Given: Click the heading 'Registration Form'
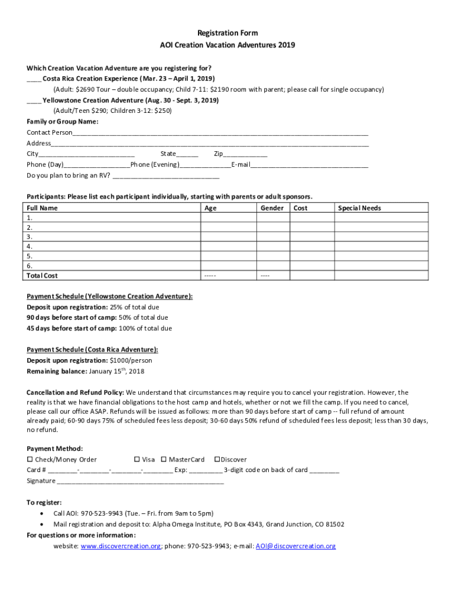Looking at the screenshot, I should (227, 33).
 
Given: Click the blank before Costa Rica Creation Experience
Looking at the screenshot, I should (34, 79).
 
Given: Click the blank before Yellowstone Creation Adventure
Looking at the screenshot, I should (34, 101).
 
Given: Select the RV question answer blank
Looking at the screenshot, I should (165, 176).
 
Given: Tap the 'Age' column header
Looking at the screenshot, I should (210, 208).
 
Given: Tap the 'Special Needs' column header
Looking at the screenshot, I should (359, 208).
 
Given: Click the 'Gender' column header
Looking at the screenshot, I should (272, 208).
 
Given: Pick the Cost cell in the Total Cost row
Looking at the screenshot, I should (311, 275).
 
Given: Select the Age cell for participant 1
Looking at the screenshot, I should (228, 217).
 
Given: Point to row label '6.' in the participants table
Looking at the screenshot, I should (30, 266).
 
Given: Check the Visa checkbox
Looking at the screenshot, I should (136, 460).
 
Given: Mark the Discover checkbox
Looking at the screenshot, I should (217, 460).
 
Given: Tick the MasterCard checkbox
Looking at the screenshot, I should (164, 460).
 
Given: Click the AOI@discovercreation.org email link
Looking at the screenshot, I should (295, 547).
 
